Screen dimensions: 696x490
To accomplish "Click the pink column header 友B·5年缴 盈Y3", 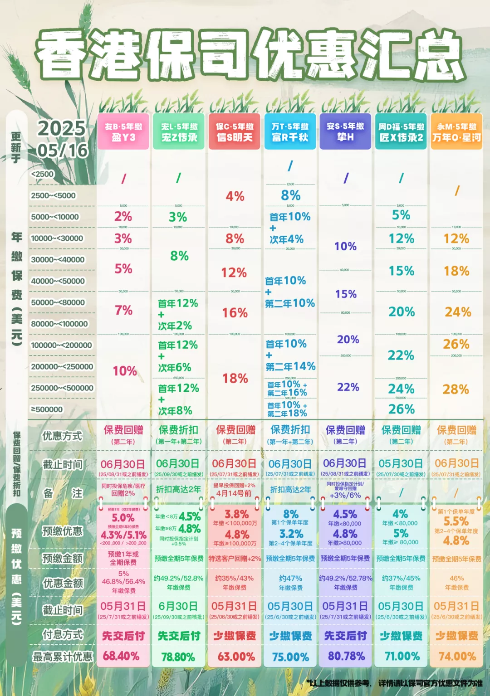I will pyautogui.click(x=123, y=131).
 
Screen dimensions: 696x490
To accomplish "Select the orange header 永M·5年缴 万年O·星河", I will pyautogui.click(x=456, y=131).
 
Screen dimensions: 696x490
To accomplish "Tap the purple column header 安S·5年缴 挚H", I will pyautogui.click(x=345, y=131).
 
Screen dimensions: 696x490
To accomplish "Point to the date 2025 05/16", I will pyautogui.click(x=62, y=139).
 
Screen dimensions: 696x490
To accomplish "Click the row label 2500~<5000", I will pyautogui.click(x=53, y=195).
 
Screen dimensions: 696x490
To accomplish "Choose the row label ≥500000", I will pyautogui.click(x=47, y=409).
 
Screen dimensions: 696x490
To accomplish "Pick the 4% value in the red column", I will pyautogui.click(x=235, y=196).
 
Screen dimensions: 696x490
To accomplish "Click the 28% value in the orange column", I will pyautogui.click(x=456, y=389).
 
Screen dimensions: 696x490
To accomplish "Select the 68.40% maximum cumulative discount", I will pyautogui.click(x=121, y=656).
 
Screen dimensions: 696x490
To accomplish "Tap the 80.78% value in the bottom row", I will pyautogui.click(x=346, y=656).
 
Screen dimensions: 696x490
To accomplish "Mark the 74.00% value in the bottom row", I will pyautogui.click(x=457, y=656).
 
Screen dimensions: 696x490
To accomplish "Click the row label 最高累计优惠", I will pyautogui.click(x=63, y=656).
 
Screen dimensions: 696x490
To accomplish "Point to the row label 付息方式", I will pyautogui.click(x=63, y=635).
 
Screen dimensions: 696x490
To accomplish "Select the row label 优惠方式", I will pyautogui.click(x=62, y=436).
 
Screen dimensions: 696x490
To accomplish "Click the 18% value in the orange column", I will pyautogui.click(x=456, y=271).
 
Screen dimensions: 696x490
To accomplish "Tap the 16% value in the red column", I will pyautogui.click(x=235, y=312).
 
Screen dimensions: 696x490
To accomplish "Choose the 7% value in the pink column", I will pyautogui.click(x=123, y=310).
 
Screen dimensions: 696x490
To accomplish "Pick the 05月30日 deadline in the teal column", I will pyautogui.click(x=401, y=463).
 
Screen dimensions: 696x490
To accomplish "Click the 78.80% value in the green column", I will pyautogui.click(x=178, y=657).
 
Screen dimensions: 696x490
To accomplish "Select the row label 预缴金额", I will pyautogui.click(x=63, y=558).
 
